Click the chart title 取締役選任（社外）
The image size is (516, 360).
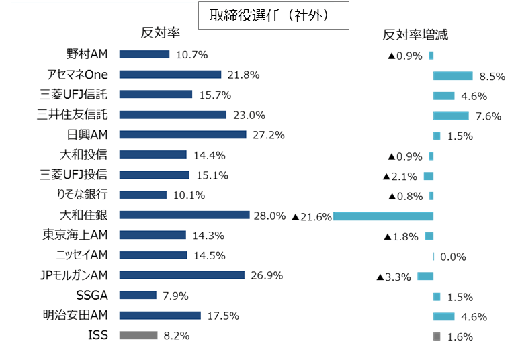(x=273, y=15)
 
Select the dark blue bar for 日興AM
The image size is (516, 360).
(x=183, y=134)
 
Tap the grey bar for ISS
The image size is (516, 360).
(x=138, y=335)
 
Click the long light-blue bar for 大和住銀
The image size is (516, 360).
(x=383, y=216)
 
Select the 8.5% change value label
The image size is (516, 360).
(x=492, y=76)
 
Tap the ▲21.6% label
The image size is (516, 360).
(x=312, y=216)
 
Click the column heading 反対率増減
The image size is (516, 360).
(x=415, y=35)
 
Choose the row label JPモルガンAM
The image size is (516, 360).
(x=75, y=275)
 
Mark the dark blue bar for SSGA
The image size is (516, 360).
(x=138, y=295)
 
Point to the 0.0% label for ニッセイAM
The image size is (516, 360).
(x=452, y=257)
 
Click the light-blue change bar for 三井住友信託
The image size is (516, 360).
(x=451, y=116)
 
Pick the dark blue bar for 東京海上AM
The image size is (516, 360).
(x=153, y=235)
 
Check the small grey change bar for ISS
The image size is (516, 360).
(x=437, y=336)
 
